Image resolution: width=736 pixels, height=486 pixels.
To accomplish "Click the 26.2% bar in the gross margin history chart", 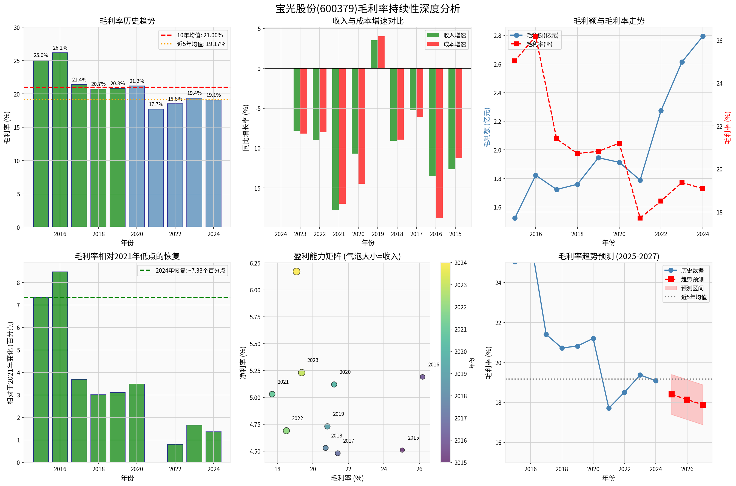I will click(60, 140).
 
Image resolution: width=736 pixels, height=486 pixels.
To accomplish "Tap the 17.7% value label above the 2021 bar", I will click(156, 104).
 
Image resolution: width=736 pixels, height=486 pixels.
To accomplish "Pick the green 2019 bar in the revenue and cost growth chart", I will click(374, 54).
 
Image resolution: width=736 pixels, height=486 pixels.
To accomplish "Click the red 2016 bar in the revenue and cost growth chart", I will click(439, 143).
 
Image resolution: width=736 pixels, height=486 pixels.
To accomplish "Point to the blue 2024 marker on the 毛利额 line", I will click(703, 36).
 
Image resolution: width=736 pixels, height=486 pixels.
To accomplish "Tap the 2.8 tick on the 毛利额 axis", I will click(497, 36).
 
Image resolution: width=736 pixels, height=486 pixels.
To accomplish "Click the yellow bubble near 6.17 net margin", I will click(296, 272).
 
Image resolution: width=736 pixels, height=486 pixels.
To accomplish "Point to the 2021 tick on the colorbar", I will click(460, 329).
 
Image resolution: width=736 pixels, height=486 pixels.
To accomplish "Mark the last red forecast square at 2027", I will click(703, 405).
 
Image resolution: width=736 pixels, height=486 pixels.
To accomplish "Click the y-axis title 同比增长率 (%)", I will click(246, 128).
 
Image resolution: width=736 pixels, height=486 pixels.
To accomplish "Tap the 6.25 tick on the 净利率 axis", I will click(255, 263).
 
